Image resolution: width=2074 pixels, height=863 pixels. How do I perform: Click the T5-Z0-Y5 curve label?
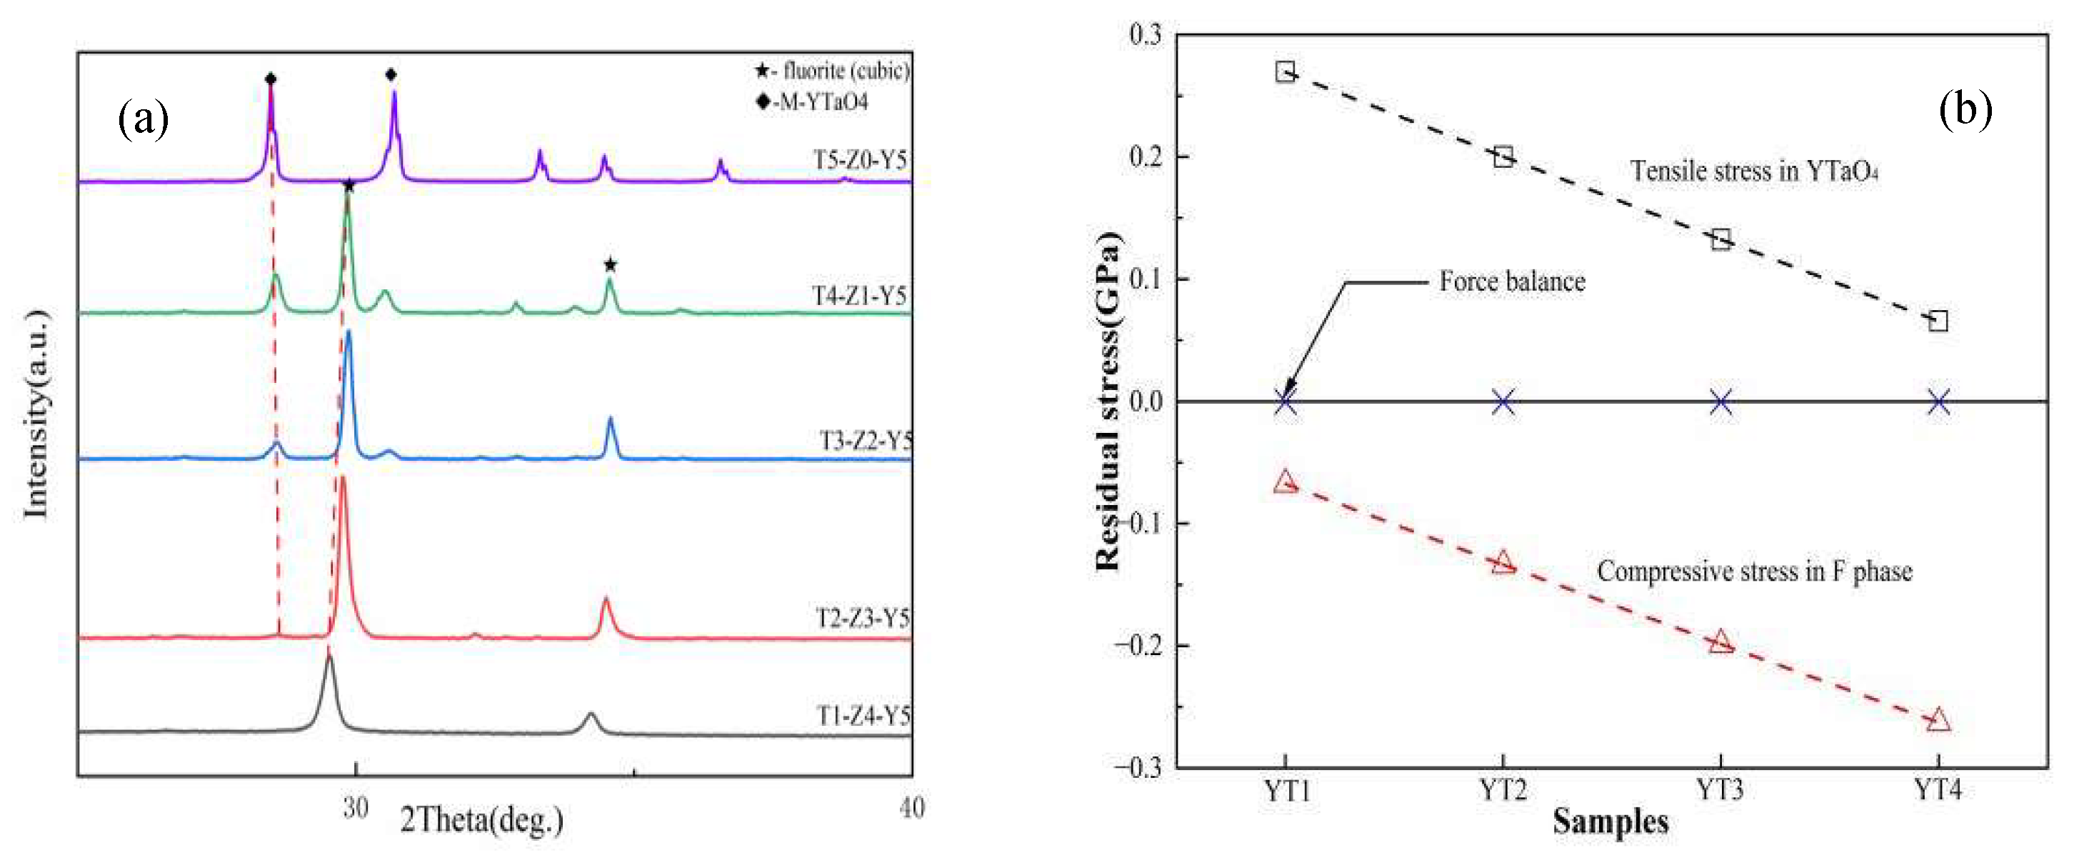click(860, 160)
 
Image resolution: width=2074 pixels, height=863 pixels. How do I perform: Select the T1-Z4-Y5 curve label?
click(863, 716)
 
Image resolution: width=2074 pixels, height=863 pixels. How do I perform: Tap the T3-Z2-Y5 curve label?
click(866, 442)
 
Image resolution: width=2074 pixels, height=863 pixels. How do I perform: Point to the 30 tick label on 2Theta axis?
click(355, 807)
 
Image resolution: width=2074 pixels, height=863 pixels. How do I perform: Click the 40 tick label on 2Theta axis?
click(911, 807)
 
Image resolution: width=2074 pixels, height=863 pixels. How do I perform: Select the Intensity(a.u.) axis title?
click(36, 414)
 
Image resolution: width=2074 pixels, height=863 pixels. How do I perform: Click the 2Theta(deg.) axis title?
click(481, 820)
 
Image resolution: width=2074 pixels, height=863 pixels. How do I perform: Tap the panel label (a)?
click(144, 119)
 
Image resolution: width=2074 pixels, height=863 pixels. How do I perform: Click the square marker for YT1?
click(1285, 71)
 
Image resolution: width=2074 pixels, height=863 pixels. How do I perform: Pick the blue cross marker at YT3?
click(1720, 401)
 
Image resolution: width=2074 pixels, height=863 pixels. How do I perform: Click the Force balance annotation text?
click(1512, 281)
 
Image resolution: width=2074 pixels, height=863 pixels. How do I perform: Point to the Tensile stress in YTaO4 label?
click(1753, 171)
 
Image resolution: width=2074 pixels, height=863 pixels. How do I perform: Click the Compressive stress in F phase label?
click(1753, 572)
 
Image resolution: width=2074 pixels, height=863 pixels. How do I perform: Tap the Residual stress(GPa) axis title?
click(1108, 401)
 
